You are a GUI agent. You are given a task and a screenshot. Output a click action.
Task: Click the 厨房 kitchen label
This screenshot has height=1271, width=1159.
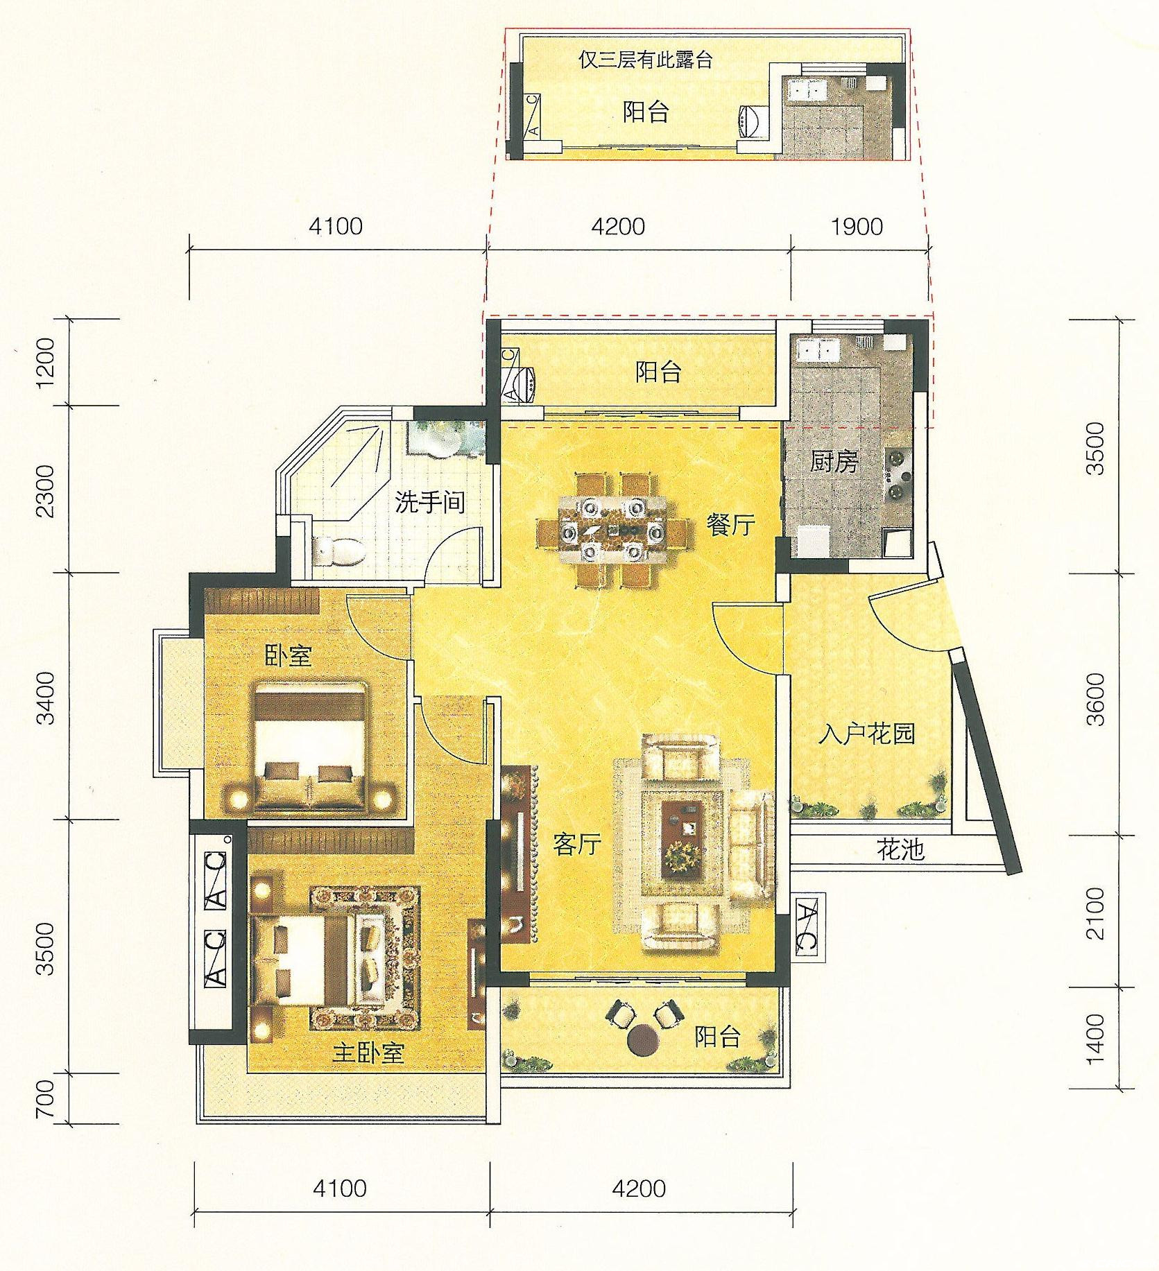point(834,461)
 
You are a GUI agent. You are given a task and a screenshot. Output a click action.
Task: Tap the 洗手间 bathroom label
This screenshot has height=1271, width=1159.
point(430,501)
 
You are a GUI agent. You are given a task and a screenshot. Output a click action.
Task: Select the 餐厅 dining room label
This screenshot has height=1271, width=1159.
point(731,524)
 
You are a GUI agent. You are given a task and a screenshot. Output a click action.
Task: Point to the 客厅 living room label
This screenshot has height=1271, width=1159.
point(577,844)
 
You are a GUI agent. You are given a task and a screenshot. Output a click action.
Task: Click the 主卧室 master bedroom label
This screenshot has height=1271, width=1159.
point(368,1053)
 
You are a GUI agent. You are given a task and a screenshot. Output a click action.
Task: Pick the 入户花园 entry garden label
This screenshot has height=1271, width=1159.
point(866,733)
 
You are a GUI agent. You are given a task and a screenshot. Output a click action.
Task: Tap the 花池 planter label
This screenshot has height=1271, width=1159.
point(901,849)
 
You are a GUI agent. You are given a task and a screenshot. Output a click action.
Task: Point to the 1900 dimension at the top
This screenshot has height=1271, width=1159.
point(858,226)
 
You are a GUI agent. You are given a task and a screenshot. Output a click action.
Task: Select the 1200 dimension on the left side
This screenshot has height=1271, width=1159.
point(44,363)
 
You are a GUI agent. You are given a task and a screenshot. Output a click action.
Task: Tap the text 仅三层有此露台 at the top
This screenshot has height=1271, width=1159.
point(646,60)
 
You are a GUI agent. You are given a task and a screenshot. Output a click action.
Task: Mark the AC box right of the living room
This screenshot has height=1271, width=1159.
point(809,926)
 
